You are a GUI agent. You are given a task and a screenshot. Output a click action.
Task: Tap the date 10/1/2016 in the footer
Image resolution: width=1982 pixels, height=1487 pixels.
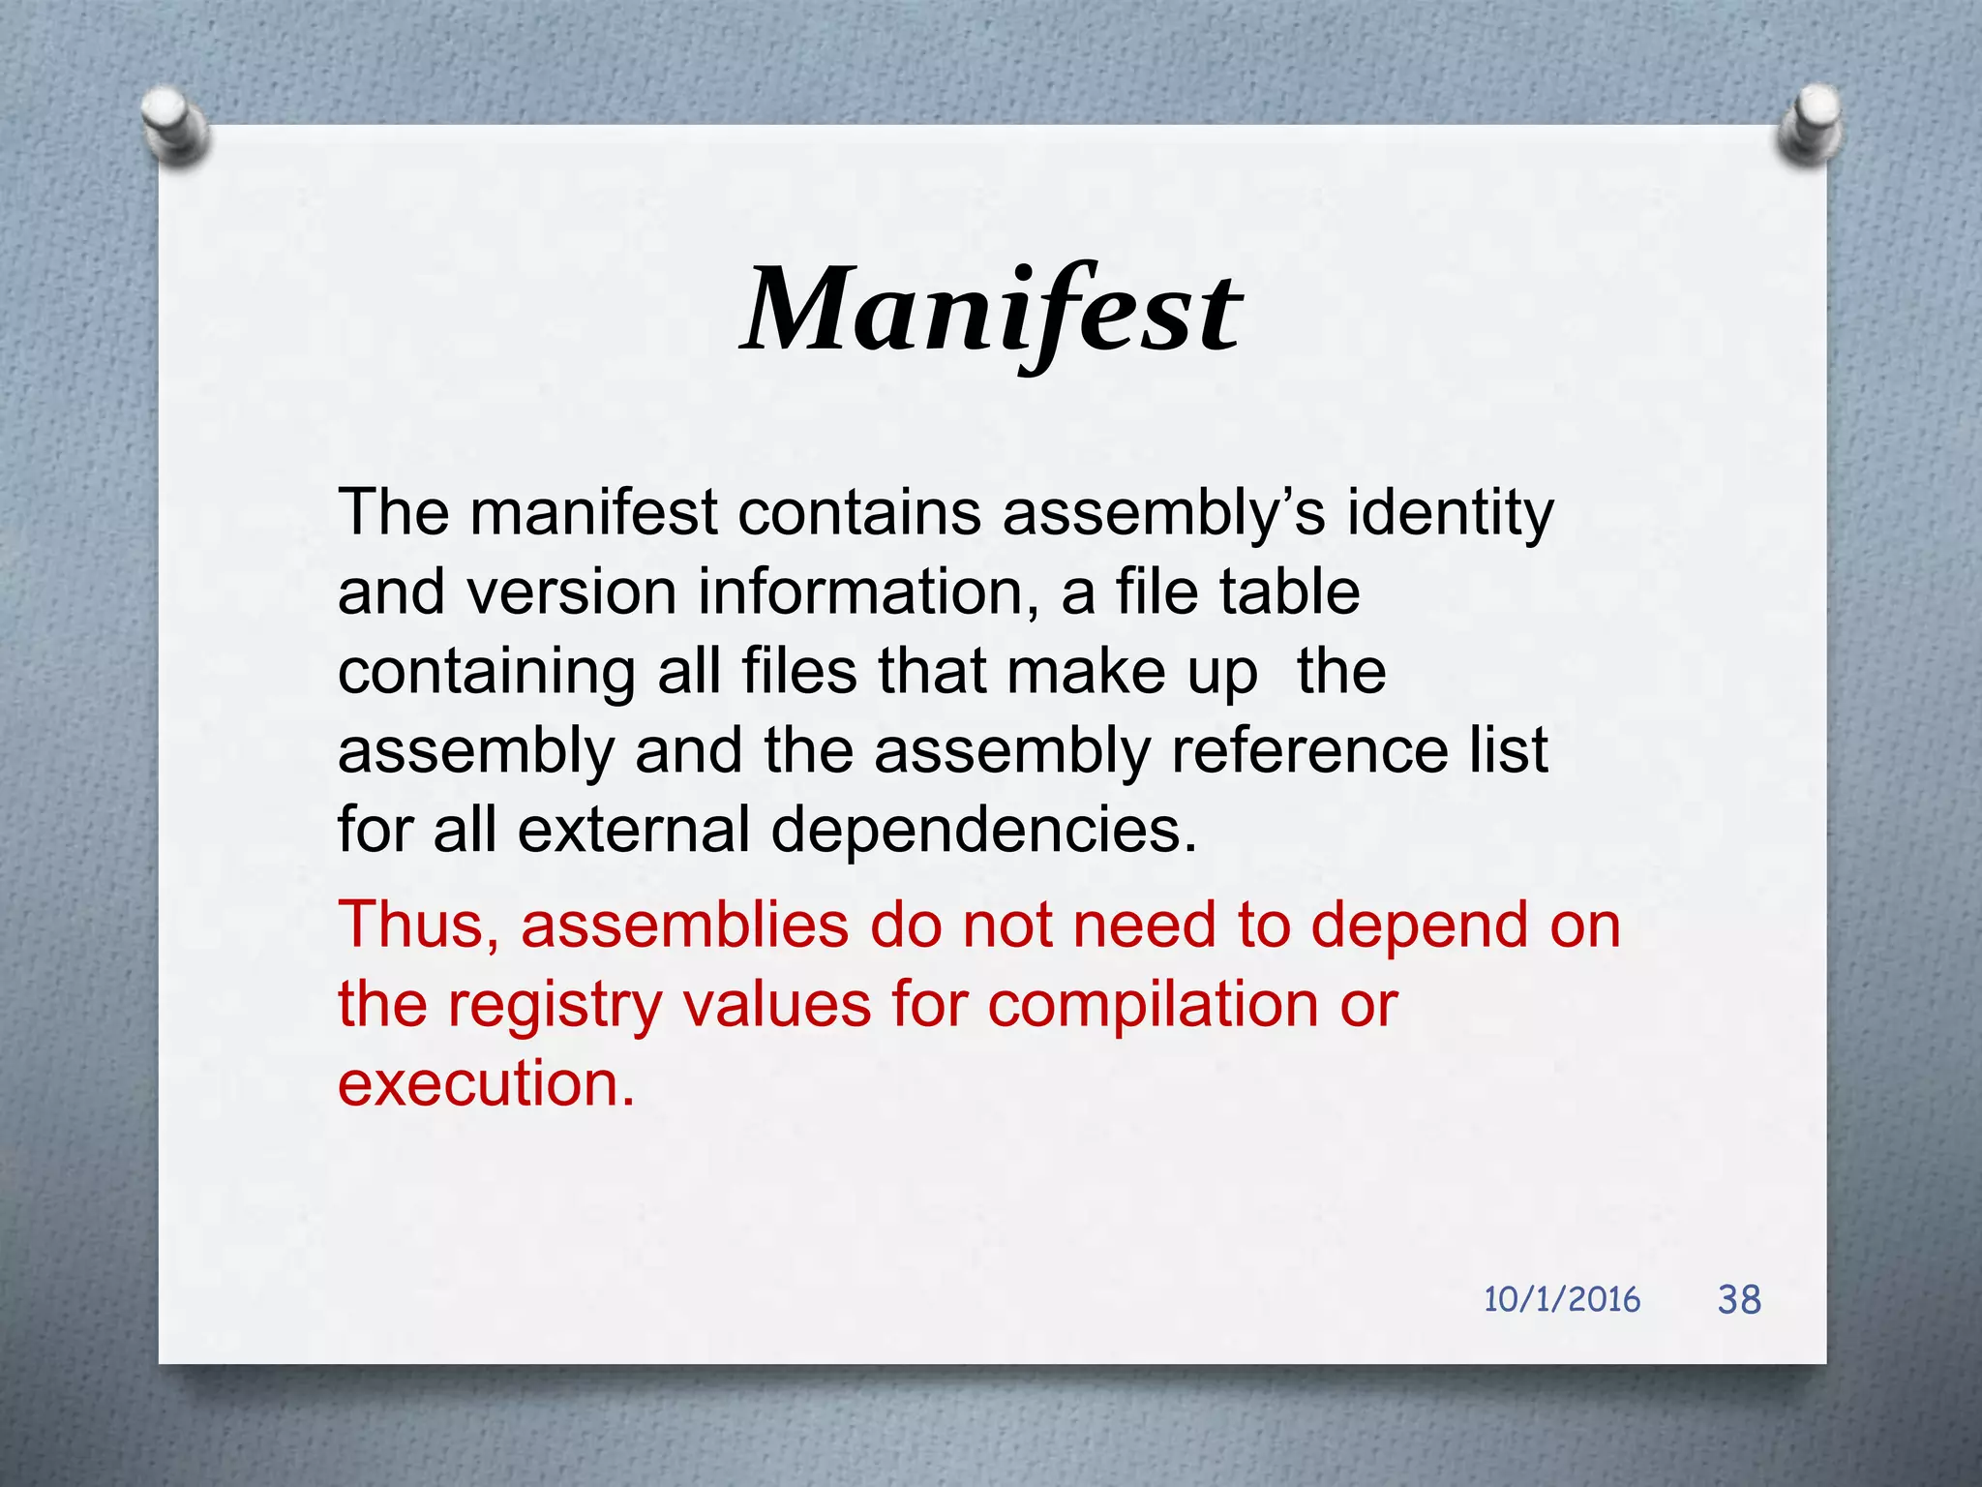pos(1561,1299)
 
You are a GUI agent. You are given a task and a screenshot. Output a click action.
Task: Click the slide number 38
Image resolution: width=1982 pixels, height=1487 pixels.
pos(1739,1299)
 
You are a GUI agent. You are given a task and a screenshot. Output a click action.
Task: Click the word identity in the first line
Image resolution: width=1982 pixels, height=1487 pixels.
pos(1450,513)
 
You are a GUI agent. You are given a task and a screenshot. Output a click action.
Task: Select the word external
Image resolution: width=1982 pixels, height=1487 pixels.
pos(633,831)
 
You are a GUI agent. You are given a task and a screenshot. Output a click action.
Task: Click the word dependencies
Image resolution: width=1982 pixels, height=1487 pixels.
pos(983,831)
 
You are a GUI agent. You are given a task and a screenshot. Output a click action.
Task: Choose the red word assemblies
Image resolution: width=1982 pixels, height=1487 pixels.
pos(684,925)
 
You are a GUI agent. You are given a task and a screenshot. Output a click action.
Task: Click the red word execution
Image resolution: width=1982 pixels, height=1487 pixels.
pos(486,1084)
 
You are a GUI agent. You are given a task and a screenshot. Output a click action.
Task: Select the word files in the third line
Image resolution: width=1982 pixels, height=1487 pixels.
pos(799,671)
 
